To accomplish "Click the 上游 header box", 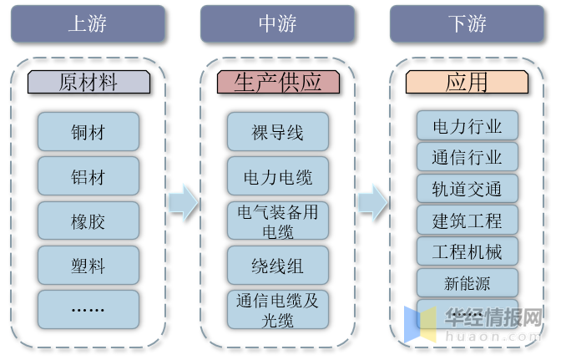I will pyautogui.click(x=88, y=23).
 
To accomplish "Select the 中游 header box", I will pyautogui.click(x=278, y=23).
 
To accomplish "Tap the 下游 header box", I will pyautogui.click(x=467, y=23).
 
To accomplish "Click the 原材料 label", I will pyautogui.click(x=88, y=82).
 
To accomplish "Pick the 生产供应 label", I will pyautogui.click(x=278, y=82).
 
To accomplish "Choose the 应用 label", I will pyautogui.click(x=467, y=82).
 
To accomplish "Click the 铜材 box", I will pyautogui.click(x=88, y=132).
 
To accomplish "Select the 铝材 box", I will pyautogui.click(x=88, y=177).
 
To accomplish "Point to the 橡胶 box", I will pyautogui.click(x=88, y=222).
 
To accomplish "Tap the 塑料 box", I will pyautogui.click(x=88, y=266).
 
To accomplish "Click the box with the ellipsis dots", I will pyautogui.click(x=88, y=309).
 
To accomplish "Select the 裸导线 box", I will pyautogui.click(x=278, y=132).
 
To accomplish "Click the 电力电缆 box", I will pyautogui.click(x=278, y=177).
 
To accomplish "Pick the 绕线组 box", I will pyautogui.click(x=278, y=266).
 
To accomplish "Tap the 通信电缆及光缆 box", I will pyautogui.click(x=278, y=309).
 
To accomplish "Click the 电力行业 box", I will pyautogui.click(x=467, y=126).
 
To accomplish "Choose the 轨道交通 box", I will pyautogui.click(x=467, y=189).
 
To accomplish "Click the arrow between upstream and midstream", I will pyautogui.click(x=183, y=201).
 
